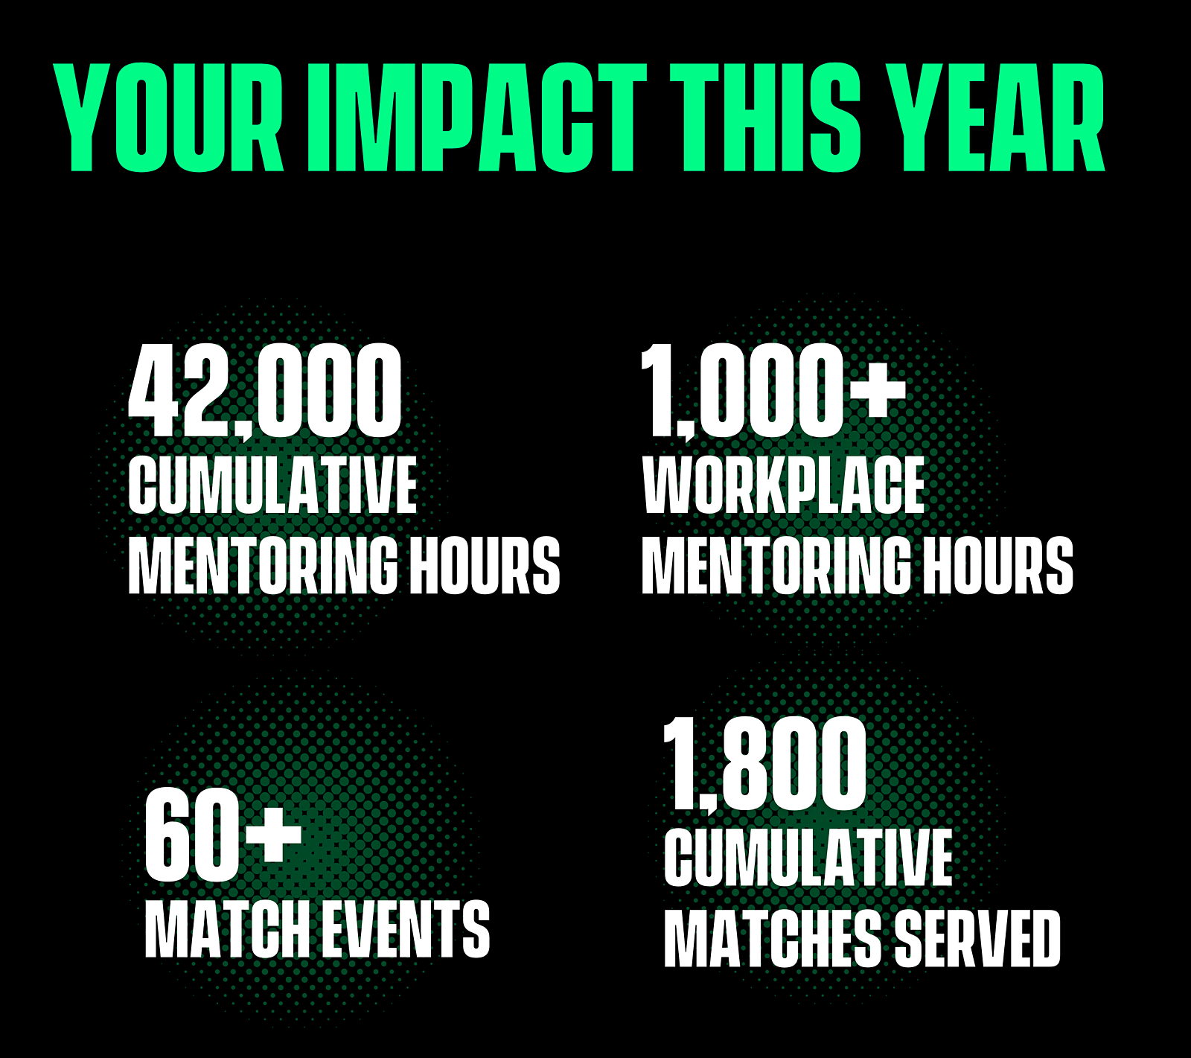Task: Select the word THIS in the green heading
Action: pos(764,118)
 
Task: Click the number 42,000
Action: pos(264,392)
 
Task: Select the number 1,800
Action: pos(765,765)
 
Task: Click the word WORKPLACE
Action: pos(783,485)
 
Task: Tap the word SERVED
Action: pos(977,938)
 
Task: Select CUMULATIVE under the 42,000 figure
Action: pos(272,485)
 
